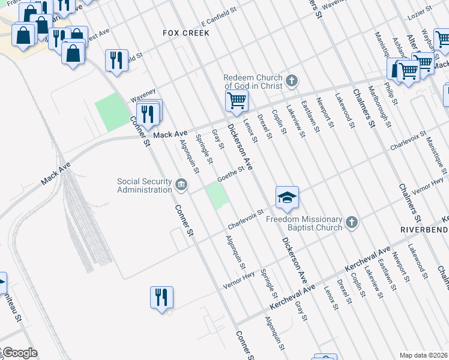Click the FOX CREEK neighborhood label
tap(186, 33)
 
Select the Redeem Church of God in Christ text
tap(253, 82)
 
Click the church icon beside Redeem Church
tap(292, 80)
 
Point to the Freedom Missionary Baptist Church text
tap(304, 223)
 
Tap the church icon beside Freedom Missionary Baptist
tap(352, 223)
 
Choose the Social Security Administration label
tap(144, 186)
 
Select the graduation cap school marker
tap(287, 197)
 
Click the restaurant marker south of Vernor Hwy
tap(161, 296)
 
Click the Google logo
tap(19, 353)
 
